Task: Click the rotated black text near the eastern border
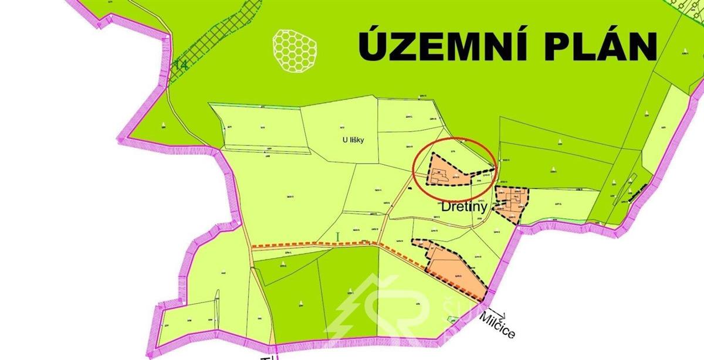(636, 191)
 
